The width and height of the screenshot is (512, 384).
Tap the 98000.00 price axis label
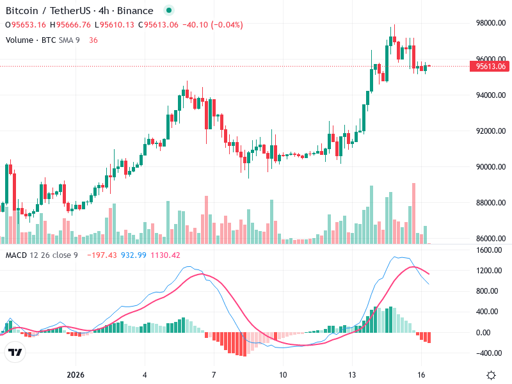[490, 23]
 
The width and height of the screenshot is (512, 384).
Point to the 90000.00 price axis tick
[490, 167]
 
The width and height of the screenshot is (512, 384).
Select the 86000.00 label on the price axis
[490, 239]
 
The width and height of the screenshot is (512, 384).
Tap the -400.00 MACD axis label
[490, 353]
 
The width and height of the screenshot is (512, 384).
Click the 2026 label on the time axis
[76, 374]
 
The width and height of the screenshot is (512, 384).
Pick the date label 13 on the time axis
[352, 374]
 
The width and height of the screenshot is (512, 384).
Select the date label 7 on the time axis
[214, 374]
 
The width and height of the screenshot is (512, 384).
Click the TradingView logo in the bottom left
[15, 352]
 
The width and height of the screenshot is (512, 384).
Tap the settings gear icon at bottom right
[491, 375]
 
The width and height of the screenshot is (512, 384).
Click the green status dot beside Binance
[168, 10]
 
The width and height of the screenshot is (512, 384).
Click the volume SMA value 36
[93, 40]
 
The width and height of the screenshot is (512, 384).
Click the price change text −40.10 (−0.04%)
[212, 25]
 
